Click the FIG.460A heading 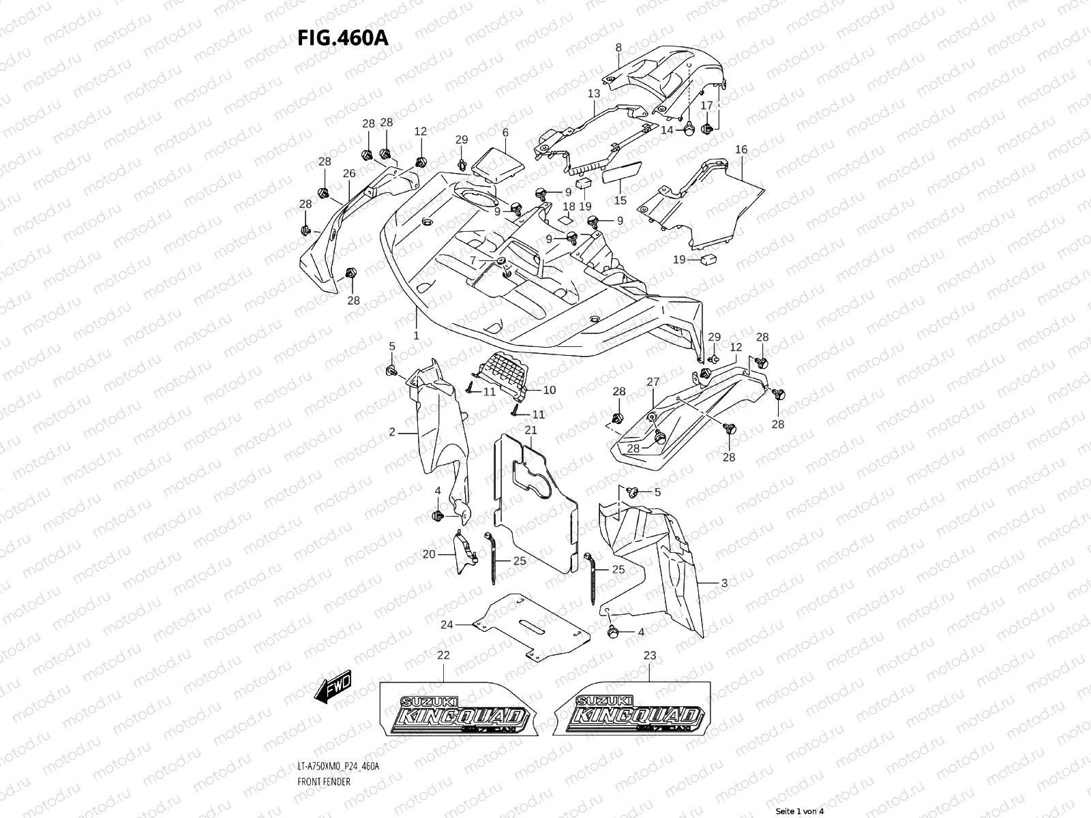pyautogui.click(x=342, y=38)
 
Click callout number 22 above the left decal pyautogui.click(x=443, y=655)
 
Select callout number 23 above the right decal pyautogui.click(x=650, y=655)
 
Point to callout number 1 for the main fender pyautogui.click(x=416, y=336)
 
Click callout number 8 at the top pyautogui.click(x=618, y=48)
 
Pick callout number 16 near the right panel pyautogui.click(x=741, y=149)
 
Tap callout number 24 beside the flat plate pyautogui.click(x=447, y=624)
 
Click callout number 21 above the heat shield pyautogui.click(x=530, y=430)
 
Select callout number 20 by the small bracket pyautogui.click(x=428, y=554)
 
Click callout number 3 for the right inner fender pyautogui.click(x=724, y=583)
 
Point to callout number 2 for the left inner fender pyautogui.click(x=392, y=431)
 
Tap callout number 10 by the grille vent pyautogui.click(x=550, y=390)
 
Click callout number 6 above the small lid pyautogui.click(x=505, y=132)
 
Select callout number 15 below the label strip pyautogui.click(x=620, y=200)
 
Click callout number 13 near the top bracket pyautogui.click(x=593, y=93)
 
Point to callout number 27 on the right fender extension pyautogui.click(x=653, y=382)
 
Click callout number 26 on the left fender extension pyautogui.click(x=349, y=174)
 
